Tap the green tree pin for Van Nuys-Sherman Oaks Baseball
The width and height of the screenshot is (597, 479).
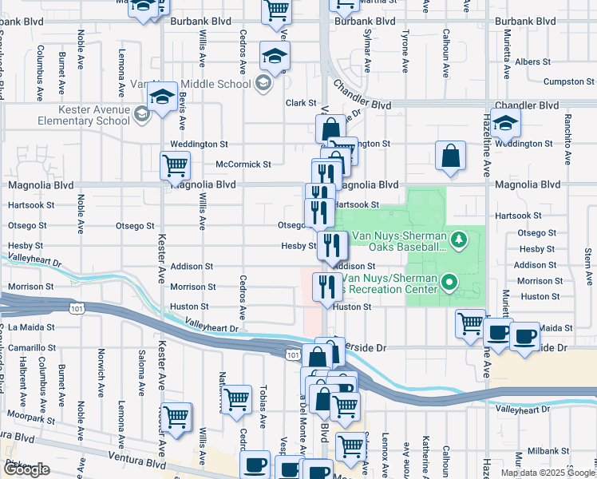point(458,238)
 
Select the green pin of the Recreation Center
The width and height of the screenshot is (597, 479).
point(449,282)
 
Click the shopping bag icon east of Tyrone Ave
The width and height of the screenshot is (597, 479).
point(450,156)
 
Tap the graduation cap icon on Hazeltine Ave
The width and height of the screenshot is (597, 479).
point(506,123)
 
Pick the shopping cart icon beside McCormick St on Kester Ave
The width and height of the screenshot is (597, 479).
point(175,166)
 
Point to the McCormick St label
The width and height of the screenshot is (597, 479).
point(243,164)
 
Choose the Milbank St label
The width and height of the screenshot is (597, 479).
point(548,451)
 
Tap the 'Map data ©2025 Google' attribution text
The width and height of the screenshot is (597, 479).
point(547,473)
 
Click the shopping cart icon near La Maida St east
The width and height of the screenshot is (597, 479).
point(470,323)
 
